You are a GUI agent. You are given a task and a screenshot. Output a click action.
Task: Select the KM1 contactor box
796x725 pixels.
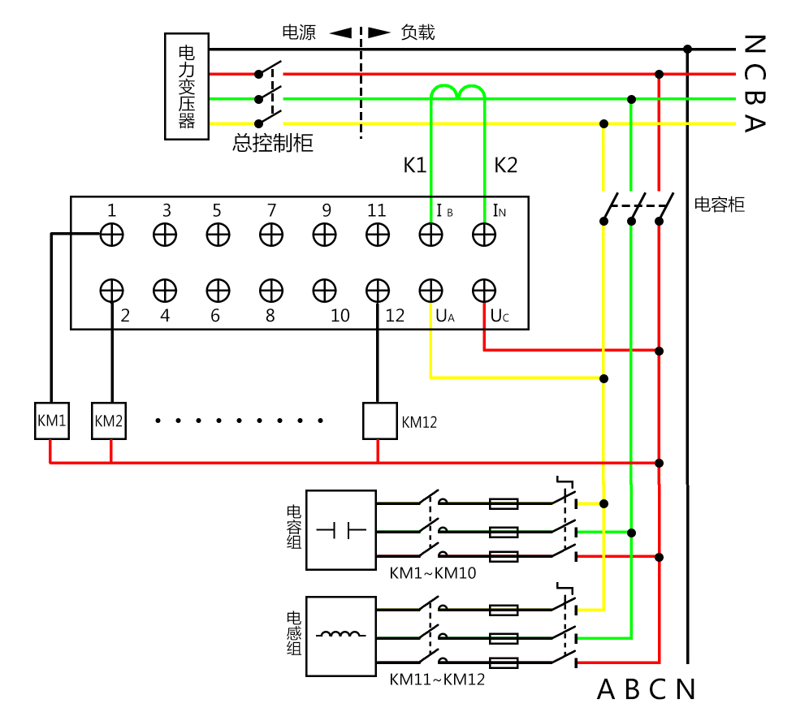point(51,421)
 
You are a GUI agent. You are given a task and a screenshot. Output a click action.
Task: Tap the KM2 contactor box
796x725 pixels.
point(108,421)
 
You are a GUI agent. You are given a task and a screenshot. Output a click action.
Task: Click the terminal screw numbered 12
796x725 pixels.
point(377,289)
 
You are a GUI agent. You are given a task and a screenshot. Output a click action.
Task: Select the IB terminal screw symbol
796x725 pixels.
point(430,235)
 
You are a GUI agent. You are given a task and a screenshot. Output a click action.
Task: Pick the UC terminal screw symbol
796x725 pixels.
point(484,289)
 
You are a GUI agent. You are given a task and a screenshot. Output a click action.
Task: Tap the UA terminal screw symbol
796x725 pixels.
point(430,289)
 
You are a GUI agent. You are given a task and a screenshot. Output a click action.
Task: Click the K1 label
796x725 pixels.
point(415,166)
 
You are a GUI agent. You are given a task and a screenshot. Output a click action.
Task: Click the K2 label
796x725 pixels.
point(506,166)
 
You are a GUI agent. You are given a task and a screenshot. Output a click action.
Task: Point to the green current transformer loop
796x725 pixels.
point(458,92)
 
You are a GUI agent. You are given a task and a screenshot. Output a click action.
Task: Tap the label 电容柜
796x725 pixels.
point(719,205)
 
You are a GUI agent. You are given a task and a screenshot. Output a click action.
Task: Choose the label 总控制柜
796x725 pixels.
point(272,144)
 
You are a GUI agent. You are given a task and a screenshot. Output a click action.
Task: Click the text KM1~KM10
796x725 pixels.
point(432,573)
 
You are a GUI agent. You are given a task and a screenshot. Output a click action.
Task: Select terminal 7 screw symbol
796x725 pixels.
point(271,235)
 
